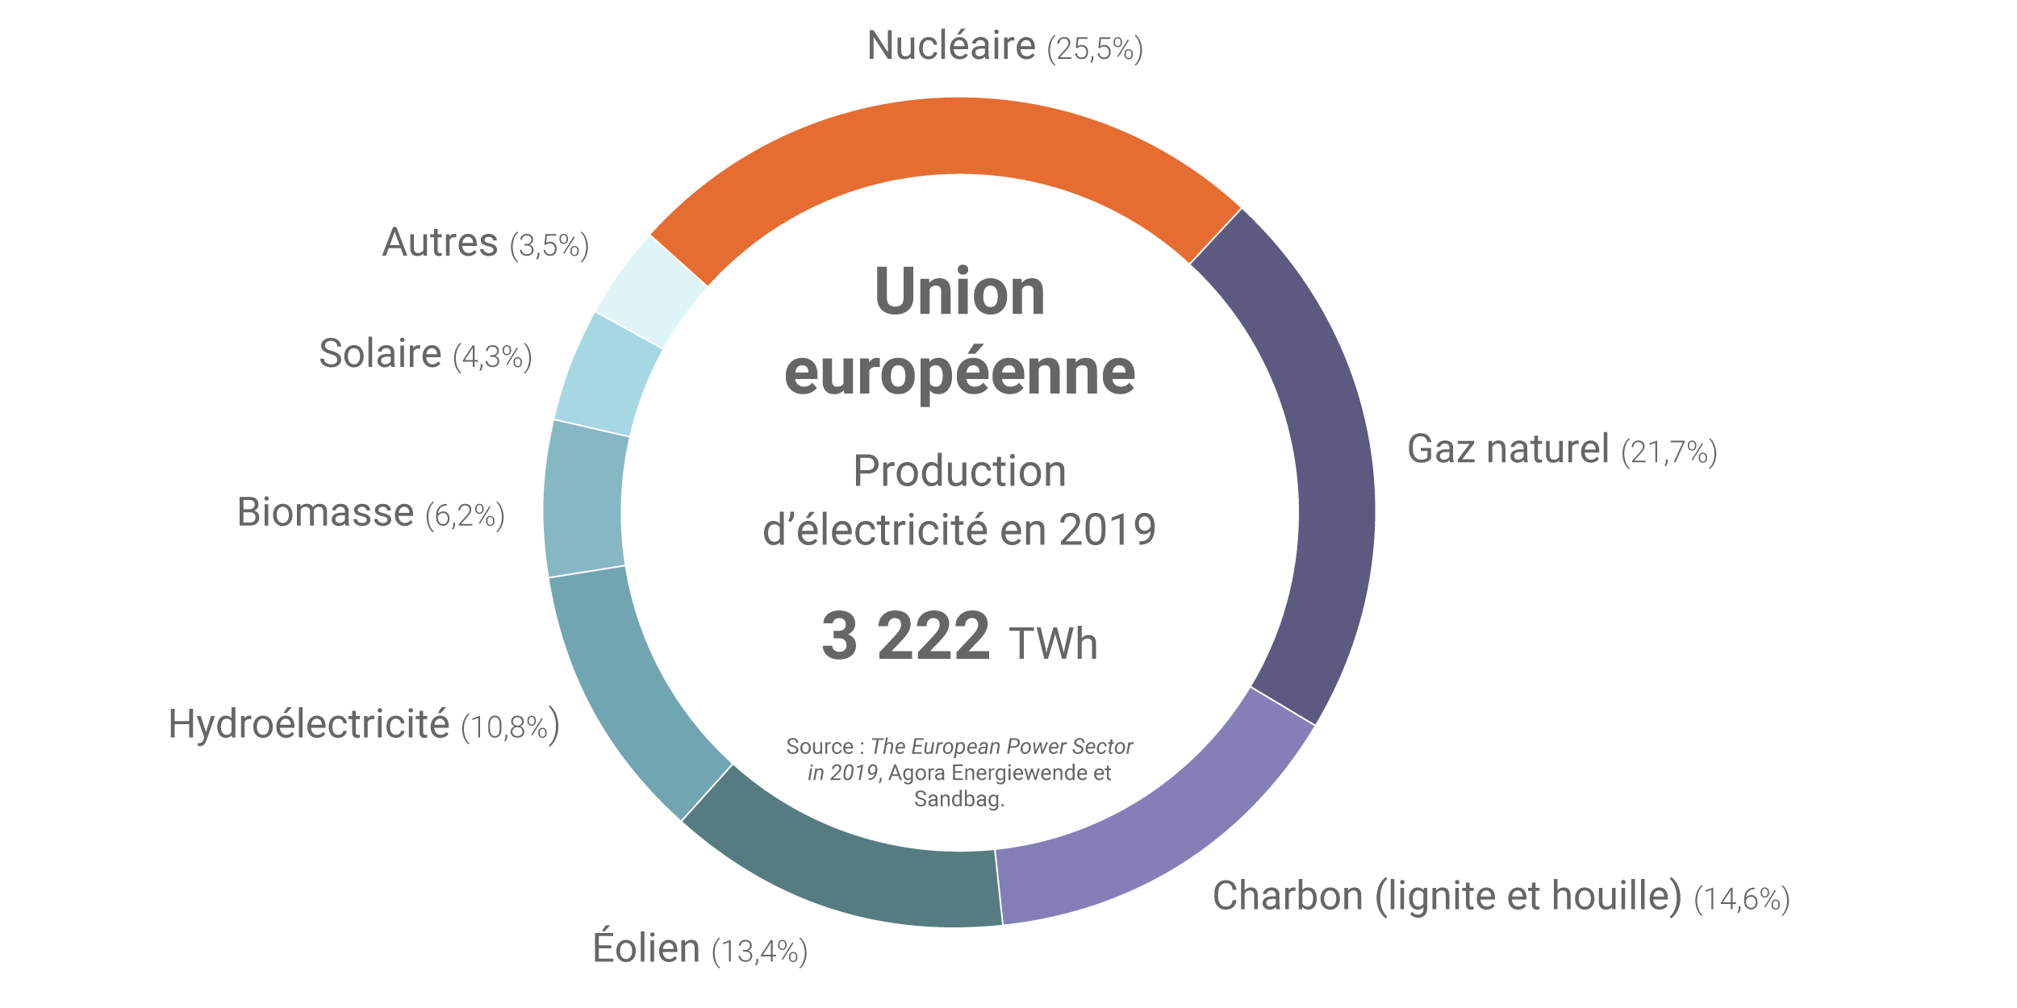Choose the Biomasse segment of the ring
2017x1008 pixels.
coord(583,500)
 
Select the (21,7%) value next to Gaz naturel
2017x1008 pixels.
coord(1669,452)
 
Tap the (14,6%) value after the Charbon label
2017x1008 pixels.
coord(1742,899)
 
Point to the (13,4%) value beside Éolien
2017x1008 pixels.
coord(759,952)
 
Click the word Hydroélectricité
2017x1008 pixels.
coord(308,724)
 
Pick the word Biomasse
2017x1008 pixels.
coord(325,513)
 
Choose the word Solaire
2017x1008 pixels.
coord(380,354)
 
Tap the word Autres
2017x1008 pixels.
coord(440,243)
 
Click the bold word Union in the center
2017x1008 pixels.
coord(959,292)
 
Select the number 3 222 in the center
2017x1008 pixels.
coord(905,636)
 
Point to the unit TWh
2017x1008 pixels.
coord(1053,644)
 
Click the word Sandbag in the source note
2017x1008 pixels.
coord(958,799)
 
